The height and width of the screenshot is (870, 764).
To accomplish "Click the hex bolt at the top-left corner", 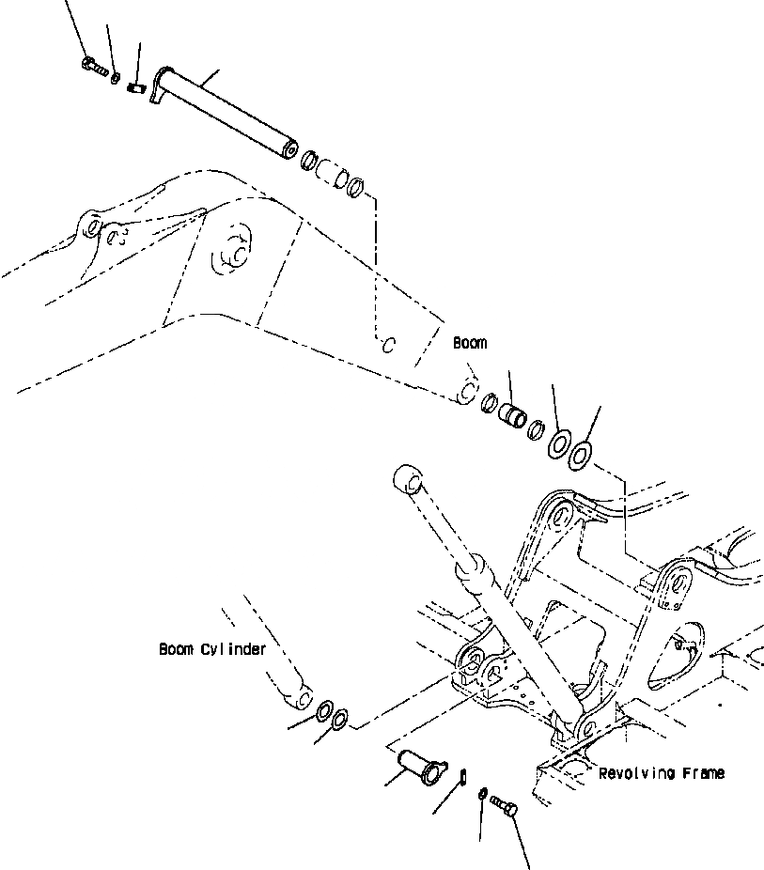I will coord(92,66).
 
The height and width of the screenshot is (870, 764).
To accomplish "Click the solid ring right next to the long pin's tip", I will coord(309,162).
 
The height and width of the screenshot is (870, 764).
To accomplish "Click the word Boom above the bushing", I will coord(470,343).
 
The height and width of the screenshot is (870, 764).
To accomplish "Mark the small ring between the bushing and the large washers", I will coord(537,429).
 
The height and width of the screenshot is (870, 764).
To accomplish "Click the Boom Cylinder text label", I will coord(211,648).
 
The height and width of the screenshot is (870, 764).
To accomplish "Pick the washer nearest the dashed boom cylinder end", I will coord(326,710).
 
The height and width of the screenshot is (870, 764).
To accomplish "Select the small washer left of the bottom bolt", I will coord(481,795).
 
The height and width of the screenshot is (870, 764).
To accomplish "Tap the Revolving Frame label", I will coord(661,773).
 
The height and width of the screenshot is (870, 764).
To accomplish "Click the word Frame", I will coord(700,773).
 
